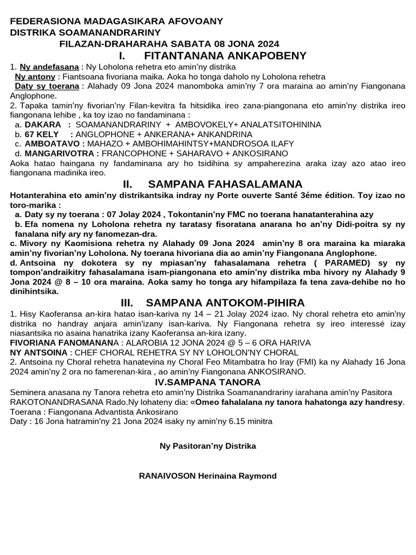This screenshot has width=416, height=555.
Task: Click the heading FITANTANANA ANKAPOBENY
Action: coord(225,56)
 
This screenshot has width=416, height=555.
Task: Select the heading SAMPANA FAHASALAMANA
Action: coord(225,184)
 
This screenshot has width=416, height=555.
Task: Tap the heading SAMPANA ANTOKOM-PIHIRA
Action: coord(225,302)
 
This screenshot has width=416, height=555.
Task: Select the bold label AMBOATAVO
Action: coord(53,144)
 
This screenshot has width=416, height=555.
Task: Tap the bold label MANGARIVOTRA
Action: coord(60,153)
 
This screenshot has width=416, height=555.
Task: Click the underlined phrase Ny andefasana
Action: coord(49,67)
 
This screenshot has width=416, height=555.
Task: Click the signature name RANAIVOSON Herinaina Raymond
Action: coord(208,476)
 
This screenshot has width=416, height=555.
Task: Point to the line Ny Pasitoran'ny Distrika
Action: coord(208,446)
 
